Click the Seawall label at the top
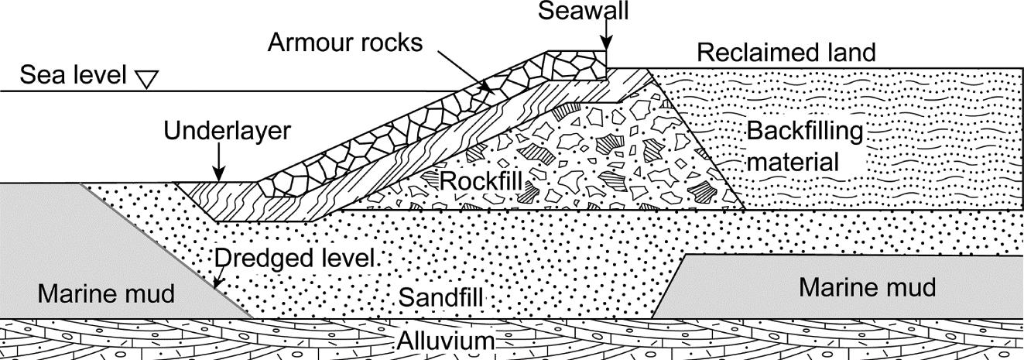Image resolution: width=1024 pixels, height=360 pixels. pyautogui.click(x=584, y=11)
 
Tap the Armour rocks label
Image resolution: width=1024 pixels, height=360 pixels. pyautogui.click(x=345, y=43)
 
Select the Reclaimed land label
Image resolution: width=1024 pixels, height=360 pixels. pyautogui.click(x=786, y=53)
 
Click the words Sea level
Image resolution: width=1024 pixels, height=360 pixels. pyautogui.click(x=73, y=74)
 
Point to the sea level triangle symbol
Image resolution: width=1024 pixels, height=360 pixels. pyautogui.click(x=148, y=79)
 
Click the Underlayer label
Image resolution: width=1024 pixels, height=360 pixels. pyautogui.click(x=228, y=132)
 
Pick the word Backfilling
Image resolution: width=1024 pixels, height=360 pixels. pyautogui.click(x=805, y=132)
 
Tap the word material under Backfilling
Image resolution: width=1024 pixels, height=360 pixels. pyautogui.click(x=793, y=162)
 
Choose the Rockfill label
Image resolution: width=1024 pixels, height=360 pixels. pyautogui.click(x=481, y=181)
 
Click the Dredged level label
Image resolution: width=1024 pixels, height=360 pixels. pyautogui.click(x=294, y=259)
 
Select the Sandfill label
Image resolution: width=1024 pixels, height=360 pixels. pyautogui.click(x=440, y=298)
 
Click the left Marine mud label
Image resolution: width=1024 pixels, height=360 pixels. pyautogui.click(x=106, y=293)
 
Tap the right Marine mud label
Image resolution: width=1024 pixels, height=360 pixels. pyautogui.click(x=867, y=287)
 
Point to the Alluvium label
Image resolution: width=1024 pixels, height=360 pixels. pyautogui.click(x=446, y=341)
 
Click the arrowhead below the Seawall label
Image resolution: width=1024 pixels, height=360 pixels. pyautogui.click(x=606, y=44)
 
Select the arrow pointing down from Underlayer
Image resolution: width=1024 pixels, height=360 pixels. pyautogui.click(x=219, y=163)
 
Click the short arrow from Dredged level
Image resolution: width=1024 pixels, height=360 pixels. pyautogui.click(x=219, y=278)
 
